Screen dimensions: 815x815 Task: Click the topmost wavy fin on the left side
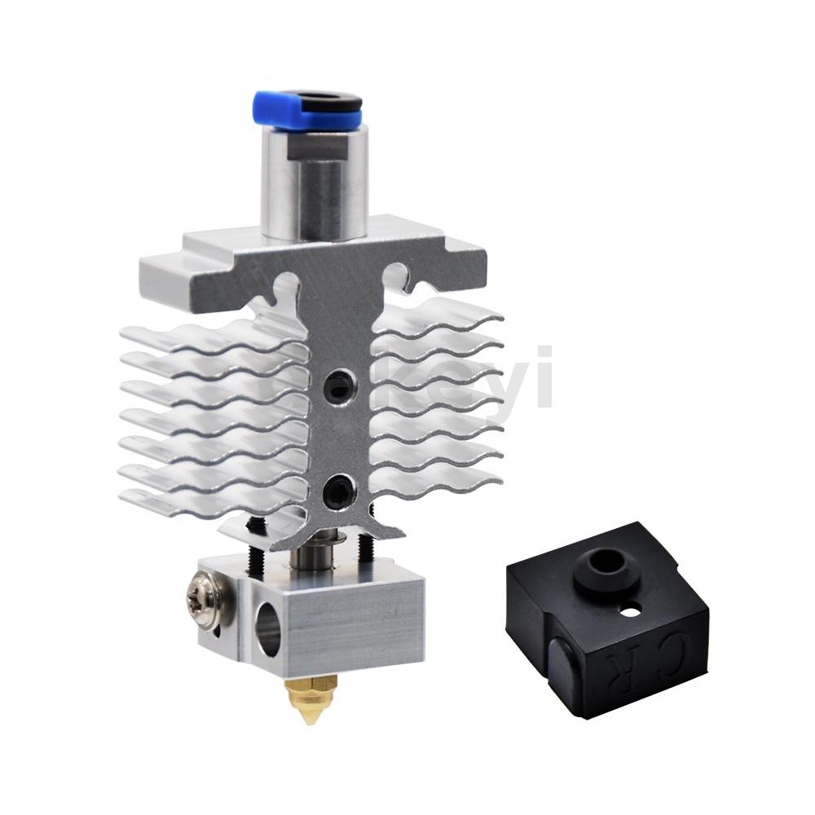click(204, 335)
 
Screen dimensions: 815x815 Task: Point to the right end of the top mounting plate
click(465, 253)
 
